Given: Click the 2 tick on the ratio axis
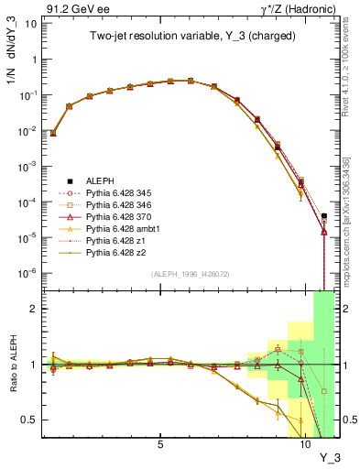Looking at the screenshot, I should (x=31, y=309).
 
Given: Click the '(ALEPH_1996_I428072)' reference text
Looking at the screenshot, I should (x=183, y=274).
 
